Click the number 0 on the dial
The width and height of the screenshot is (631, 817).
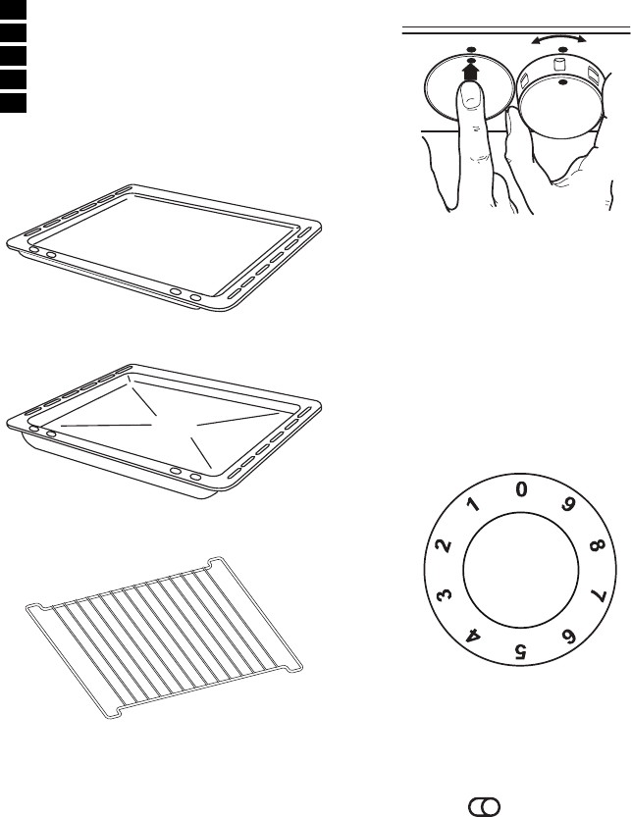point(521,489)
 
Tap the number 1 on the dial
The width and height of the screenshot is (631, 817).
point(474,504)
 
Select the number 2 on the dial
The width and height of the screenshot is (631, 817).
point(444,546)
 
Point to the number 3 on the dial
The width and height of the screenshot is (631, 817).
point(444,594)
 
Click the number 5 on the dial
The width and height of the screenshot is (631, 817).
point(520,651)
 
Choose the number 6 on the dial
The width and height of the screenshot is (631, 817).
point(568,637)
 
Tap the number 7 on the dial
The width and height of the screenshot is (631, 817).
point(598,594)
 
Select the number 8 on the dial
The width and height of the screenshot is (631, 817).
point(598,546)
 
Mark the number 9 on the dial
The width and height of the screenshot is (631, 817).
point(568,504)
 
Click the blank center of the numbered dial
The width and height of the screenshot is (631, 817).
point(520,570)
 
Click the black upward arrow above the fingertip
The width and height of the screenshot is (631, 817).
point(470,72)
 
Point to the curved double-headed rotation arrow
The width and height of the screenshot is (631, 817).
point(558,37)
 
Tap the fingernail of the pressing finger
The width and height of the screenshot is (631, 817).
point(471,96)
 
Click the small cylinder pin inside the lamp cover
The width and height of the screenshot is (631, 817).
point(558,65)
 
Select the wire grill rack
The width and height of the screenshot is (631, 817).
point(164,638)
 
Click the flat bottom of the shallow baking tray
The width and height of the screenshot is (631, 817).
point(162,245)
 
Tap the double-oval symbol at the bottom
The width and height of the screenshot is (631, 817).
point(485,806)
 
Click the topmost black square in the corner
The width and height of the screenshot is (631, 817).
point(13,9)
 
